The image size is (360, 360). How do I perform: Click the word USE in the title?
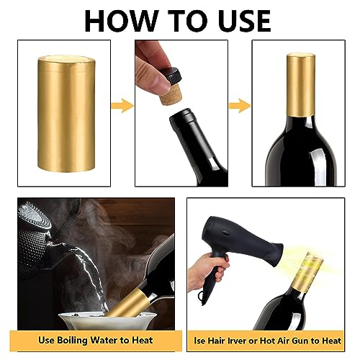click(237, 20)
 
